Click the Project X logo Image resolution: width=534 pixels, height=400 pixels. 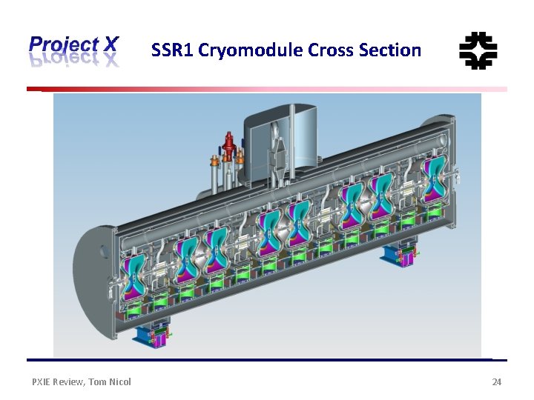point(73,50)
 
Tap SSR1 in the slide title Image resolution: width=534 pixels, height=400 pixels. point(169,50)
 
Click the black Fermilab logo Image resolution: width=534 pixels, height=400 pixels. point(478,50)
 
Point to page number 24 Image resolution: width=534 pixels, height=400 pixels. point(497,381)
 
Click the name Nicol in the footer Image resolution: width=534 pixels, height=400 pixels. point(119,381)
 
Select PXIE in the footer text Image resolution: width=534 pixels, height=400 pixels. point(43,381)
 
